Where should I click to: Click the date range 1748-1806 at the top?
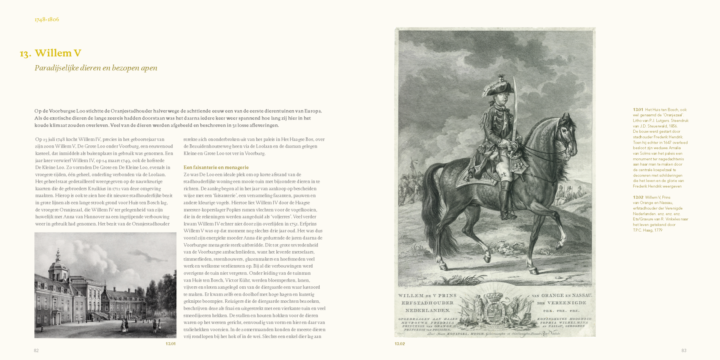[47, 20]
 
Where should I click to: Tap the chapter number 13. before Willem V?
[26, 54]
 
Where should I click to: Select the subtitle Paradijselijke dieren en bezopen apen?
[96, 68]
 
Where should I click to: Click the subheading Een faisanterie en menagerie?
[216, 168]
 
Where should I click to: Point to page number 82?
[36, 351]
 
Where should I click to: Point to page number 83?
[684, 351]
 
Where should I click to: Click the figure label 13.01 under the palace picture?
[170, 344]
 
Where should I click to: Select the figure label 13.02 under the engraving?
[400, 344]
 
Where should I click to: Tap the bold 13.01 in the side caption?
[638, 110]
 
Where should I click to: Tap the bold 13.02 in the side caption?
[638, 197]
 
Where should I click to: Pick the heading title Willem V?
[58, 53]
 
